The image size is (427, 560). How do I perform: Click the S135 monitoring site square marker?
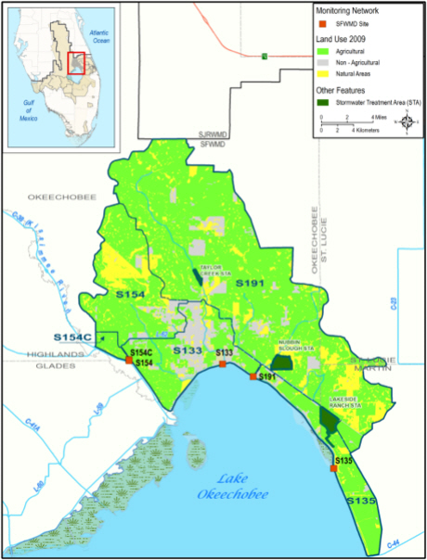pos(334,468)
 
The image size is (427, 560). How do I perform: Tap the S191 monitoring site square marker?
pos(252,376)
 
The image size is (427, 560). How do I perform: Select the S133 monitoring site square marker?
pos(223,364)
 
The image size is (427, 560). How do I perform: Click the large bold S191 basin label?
pos(251,282)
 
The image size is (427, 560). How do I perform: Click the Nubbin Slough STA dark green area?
pos(281,362)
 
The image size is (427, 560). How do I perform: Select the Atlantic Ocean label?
pos(93,36)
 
